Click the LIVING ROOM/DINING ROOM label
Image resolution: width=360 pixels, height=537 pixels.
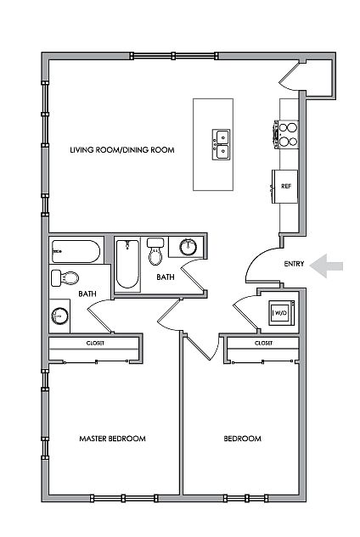pyautogui.click(x=122, y=150)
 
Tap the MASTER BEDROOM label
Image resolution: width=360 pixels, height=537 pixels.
pyautogui.click(x=112, y=439)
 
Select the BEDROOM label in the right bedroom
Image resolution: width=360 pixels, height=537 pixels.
pyautogui.click(x=242, y=439)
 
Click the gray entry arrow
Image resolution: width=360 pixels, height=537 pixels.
pyautogui.click(x=326, y=266)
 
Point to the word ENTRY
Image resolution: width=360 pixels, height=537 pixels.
pyautogui.click(x=294, y=264)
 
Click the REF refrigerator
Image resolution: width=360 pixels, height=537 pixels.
pyautogui.click(x=285, y=187)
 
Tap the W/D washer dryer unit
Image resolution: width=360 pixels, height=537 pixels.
pyautogui.click(x=282, y=313)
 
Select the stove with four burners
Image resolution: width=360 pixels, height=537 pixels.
pyautogui.click(x=286, y=135)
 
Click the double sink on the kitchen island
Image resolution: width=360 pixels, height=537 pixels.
pyautogui.click(x=221, y=144)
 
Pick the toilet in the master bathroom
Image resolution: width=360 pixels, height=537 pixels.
pyautogui.click(x=65, y=277)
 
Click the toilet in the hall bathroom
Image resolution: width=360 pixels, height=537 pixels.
pyautogui.click(x=155, y=252)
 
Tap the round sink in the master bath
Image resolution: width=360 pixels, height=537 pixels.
pyautogui.click(x=59, y=316)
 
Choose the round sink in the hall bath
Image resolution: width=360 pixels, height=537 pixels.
pyautogui.click(x=188, y=247)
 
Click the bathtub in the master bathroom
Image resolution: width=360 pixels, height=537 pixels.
pyautogui.click(x=76, y=252)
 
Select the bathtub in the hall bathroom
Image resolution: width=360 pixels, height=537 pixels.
pyautogui.click(x=127, y=264)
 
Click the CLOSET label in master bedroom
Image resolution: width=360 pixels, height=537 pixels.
pyautogui.click(x=95, y=344)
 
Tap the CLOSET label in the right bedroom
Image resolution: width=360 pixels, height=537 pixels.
pyautogui.click(x=264, y=344)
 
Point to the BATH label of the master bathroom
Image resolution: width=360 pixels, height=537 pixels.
pyautogui.click(x=87, y=294)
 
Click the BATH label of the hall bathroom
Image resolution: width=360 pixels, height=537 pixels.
pyautogui.click(x=166, y=277)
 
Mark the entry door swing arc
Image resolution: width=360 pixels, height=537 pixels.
pyautogui.click(x=255, y=258)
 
